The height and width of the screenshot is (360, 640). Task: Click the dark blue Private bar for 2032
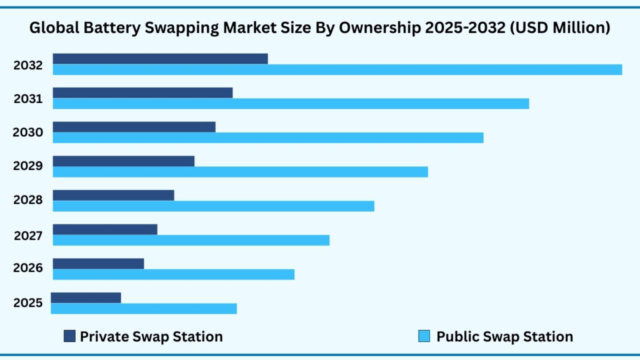pos(160,59)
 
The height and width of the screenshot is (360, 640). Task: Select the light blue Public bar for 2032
pos(337,69)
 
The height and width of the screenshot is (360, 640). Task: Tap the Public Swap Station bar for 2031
pos(291,104)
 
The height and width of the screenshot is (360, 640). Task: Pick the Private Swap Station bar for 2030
pos(134,127)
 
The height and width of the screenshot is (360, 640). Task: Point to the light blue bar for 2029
pos(240,171)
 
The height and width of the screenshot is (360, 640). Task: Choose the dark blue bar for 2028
pos(113,195)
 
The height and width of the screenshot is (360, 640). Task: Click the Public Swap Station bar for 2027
pos(191,240)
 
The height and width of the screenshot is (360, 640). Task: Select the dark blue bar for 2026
pos(98,263)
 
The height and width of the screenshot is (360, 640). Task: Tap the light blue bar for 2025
pos(144,309)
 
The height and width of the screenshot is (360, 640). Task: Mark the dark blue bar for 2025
pos(86,297)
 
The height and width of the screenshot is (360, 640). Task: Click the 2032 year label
pos(28,65)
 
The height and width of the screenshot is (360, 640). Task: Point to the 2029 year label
pos(28,166)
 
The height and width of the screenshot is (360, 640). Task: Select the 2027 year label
pos(28,236)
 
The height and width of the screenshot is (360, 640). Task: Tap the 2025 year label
pos(28,303)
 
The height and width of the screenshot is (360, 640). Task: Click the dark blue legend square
pos(69,336)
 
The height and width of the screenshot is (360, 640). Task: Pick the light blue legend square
pos(424,336)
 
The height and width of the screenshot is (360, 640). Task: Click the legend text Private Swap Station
pos(151,336)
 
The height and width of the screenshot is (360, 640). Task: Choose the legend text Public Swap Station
pos(504,336)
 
